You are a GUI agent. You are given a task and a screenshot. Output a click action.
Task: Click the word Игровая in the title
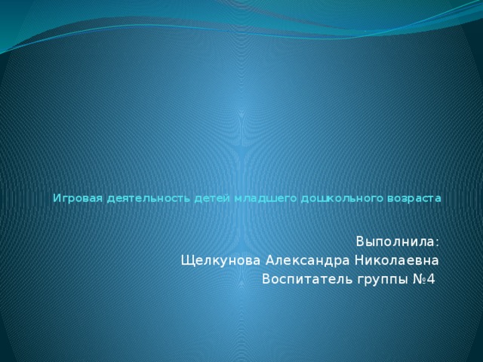pos(78,199)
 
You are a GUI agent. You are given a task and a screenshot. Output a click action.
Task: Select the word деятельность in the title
pos(149,199)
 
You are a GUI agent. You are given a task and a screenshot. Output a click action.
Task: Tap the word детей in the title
pos(212,198)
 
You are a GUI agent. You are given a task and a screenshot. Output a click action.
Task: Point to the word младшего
pos(266,199)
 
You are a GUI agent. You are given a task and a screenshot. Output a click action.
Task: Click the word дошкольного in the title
pos(342,199)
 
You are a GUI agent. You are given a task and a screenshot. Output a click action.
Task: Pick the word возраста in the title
pos(414,199)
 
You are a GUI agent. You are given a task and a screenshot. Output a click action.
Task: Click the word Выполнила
pos(395,242)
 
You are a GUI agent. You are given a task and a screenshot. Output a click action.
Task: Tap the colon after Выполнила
pos(437,243)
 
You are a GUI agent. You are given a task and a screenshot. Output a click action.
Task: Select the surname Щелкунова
pos(220,261)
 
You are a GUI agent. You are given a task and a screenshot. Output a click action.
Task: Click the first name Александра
pos(307,261)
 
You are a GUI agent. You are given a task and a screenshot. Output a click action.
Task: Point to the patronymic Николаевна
pos(396,261)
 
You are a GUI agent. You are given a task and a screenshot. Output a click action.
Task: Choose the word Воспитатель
pos(307,280)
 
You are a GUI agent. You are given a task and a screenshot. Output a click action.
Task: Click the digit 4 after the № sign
pos(431,280)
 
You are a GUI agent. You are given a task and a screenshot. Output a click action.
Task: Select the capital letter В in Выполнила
pos(360,242)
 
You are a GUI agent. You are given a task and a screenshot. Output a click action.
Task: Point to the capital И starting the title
pos(57,199)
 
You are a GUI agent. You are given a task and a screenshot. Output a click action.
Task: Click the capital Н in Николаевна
pos(358,261)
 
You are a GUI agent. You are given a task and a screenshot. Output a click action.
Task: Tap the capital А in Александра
pos(270,261)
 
